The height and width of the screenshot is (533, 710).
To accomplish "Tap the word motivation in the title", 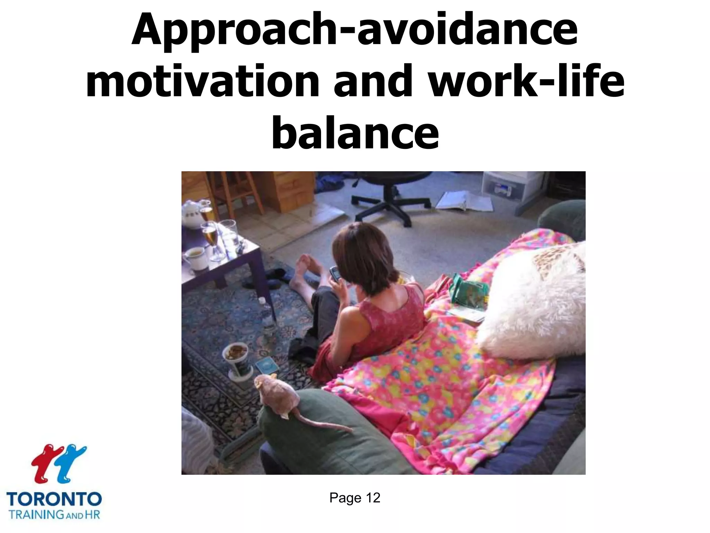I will (202, 82).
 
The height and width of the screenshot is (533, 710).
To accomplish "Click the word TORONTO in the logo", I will (54, 499).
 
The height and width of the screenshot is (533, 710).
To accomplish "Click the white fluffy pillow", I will (534, 305).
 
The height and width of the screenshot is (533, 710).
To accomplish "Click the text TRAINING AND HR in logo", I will (54, 515).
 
